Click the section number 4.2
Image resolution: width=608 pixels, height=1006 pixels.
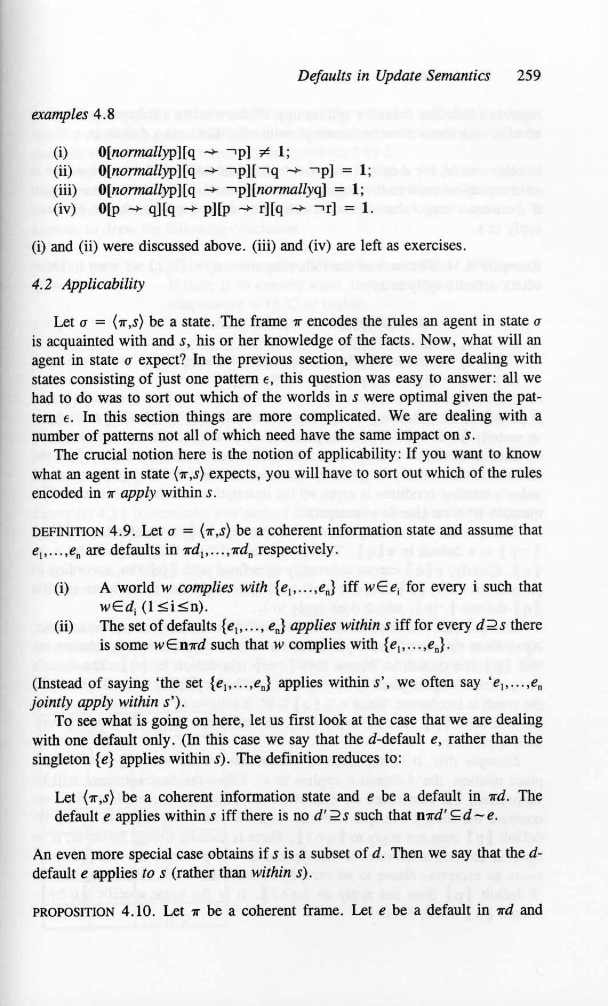42,284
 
